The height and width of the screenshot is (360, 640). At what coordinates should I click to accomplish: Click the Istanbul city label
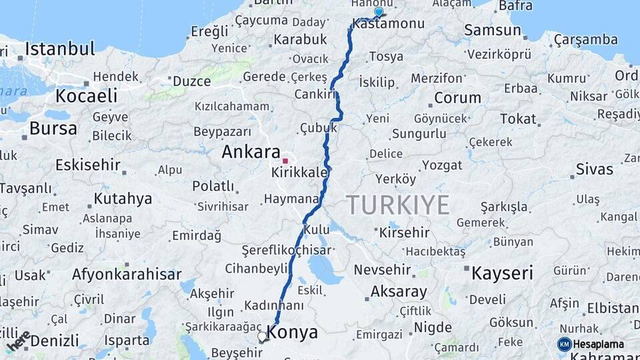[x=60, y=49]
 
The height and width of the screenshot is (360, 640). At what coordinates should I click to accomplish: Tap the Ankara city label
[x=251, y=152]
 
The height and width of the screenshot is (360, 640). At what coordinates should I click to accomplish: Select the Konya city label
[x=292, y=333]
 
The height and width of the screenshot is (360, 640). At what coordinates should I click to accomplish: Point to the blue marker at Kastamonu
[x=379, y=12]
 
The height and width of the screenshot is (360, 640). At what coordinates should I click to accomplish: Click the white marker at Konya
[x=263, y=337]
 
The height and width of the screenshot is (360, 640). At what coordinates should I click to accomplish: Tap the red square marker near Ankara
[x=285, y=161]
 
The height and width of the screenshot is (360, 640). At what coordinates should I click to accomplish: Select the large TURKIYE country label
[x=397, y=205]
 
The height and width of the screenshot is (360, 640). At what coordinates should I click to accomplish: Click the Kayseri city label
[x=502, y=273]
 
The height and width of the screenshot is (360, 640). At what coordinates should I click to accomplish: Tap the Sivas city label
[x=594, y=169]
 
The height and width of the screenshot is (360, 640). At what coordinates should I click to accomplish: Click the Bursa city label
[x=53, y=128]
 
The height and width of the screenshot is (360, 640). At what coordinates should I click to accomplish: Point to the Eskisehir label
[x=87, y=165]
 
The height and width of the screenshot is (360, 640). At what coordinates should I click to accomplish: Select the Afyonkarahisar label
[x=126, y=274]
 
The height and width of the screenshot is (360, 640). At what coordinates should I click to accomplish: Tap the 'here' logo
[x=18, y=341]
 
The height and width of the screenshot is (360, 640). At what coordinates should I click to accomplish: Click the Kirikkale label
[x=300, y=173]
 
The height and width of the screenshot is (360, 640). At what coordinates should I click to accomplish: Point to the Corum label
[x=457, y=98]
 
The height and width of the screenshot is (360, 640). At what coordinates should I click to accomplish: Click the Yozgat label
[x=441, y=165]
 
